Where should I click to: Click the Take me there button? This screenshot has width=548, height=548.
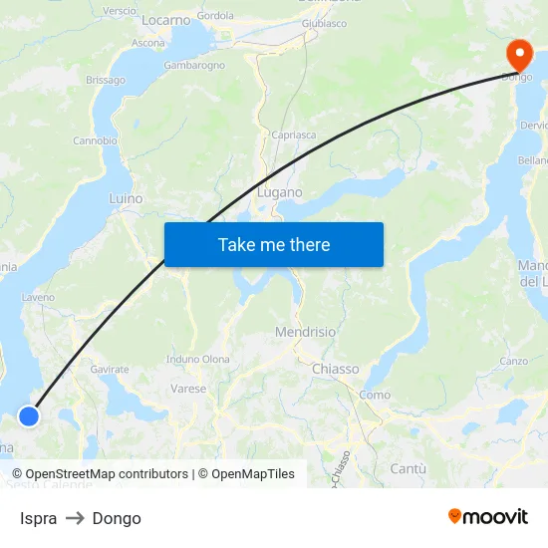(x=274, y=244)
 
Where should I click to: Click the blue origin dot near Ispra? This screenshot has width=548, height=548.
(x=29, y=416)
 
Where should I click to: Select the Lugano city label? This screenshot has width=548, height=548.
(x=280, y=192)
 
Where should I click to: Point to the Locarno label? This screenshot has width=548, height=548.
(x=165, y=20)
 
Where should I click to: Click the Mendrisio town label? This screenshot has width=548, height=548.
(x=305, y=332)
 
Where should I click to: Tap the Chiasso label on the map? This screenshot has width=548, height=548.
(x=335, y=369)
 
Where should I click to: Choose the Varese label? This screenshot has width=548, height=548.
(x=188, y=389)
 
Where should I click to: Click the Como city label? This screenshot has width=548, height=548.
(x=375, y=395)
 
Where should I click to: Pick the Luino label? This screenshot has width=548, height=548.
(x=126, y=198)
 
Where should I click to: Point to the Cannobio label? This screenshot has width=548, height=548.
(x=95, y=140)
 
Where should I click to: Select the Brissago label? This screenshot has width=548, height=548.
(x=106, y=80)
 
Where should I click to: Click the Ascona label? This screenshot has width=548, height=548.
(x=148, y=43)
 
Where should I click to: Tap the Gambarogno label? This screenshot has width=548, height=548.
(x=194, y=65)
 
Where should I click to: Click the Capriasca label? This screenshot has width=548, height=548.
(x=294, y=134)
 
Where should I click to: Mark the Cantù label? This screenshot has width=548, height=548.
(x=409, y=468)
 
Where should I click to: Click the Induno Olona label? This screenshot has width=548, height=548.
(x=198, y=359)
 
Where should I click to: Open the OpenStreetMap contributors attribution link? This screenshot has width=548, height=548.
(x=100, y=474)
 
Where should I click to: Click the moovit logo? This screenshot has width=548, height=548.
(x=487, y=516)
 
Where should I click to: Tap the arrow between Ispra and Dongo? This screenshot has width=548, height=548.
(x=75, y=518)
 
